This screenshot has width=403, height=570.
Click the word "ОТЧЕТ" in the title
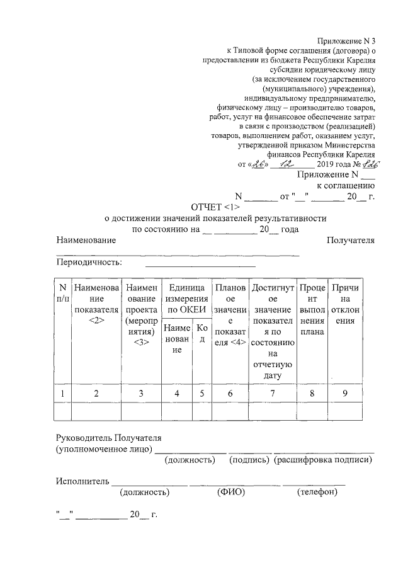(206, 207)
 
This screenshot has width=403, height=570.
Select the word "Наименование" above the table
(86, 241)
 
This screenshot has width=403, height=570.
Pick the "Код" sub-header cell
(201, 333)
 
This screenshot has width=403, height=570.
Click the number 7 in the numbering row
(272, 394)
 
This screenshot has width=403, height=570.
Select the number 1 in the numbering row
(62, 394)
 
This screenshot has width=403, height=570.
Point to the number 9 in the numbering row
(345, 394)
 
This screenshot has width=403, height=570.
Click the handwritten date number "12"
(287, 164)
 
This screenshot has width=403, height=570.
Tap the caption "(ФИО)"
(230, 492)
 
